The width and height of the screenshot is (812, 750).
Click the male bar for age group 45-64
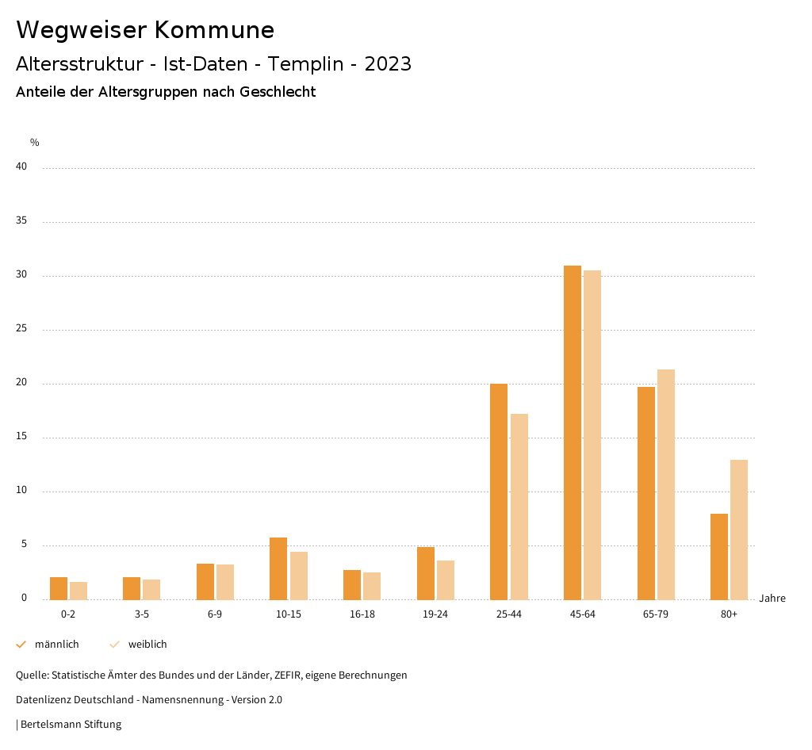pos(573,432)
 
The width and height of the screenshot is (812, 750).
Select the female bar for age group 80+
pos(739,530)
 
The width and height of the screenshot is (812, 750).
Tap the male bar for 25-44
pos(499,492)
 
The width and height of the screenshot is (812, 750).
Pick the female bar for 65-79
pos(666,484)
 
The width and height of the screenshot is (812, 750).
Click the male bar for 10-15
pos(278,568)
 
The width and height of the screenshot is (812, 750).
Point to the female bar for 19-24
pos(446,580)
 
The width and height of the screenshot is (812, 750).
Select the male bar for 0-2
pos(59,588)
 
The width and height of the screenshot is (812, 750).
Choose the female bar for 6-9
pos(225,582)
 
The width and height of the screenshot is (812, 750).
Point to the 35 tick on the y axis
pos(21,221)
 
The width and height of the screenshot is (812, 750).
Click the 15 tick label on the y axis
pos(21,437)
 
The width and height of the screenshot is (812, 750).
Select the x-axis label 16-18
pos(362,614)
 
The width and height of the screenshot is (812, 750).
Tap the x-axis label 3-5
pos(142,614)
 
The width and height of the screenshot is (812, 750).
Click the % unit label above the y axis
pos(35,143)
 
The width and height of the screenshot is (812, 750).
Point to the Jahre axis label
pos(772,599)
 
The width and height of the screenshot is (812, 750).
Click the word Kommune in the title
pos(214,30)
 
